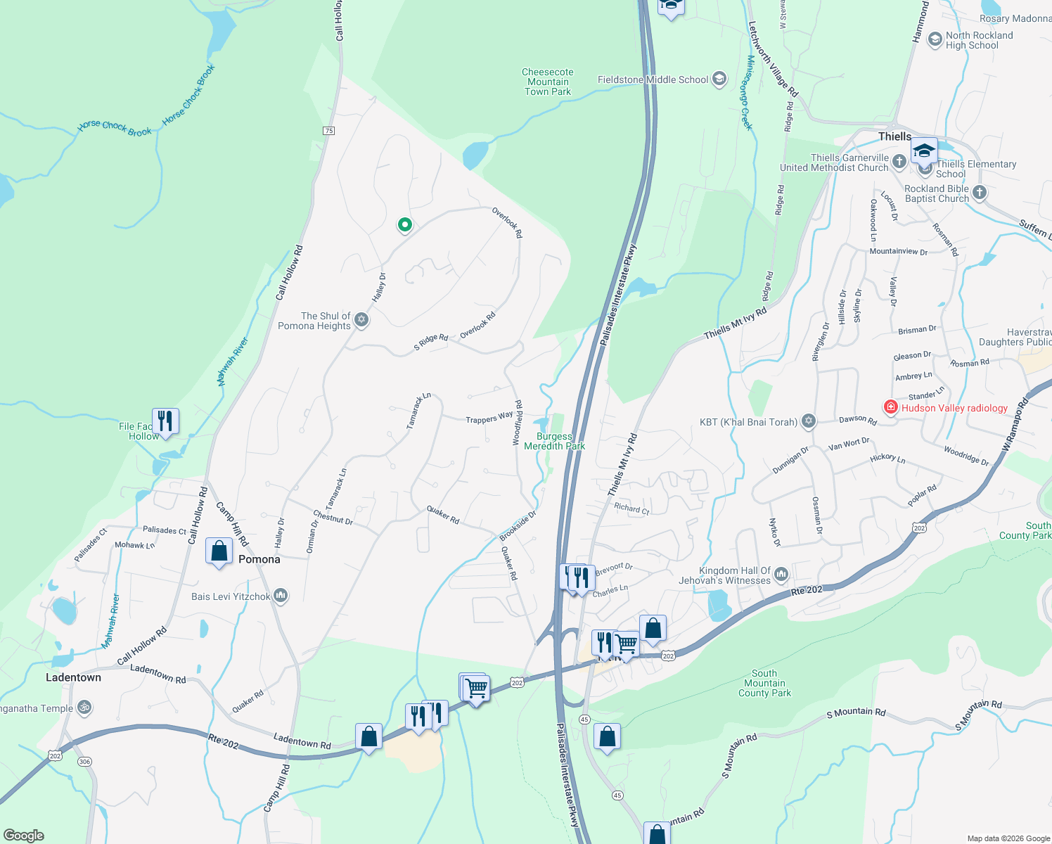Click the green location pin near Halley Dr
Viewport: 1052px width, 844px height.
click(x=404, y=225)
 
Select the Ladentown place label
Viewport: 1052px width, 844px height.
click(x=73, y=677)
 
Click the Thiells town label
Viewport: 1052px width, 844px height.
click(x=894, y=136)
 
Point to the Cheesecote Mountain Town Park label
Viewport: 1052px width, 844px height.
click(x=548, y=82)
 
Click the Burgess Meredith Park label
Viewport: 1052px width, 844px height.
click(x=554, y=441)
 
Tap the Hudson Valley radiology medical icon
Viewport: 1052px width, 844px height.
click(x=890, y=407)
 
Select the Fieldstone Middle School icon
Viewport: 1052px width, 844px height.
click(x=719, y=79)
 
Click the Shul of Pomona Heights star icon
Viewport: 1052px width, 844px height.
click(x=361, y=320)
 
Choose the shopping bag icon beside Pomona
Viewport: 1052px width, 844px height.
click(x=219, y=551)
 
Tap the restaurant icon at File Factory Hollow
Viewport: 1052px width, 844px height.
click(x=165, y=421)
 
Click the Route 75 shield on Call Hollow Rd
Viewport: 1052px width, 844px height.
click(x=328, y=131)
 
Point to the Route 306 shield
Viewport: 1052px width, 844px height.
click(x=84, y=762)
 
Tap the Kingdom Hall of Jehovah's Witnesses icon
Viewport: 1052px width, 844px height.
click(x=781, y=575)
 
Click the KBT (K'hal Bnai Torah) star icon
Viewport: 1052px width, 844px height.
click(x=809, y=421)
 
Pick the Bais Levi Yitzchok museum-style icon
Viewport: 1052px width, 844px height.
click(x=281, y=596)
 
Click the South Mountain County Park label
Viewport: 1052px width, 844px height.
click(x=764, y=683)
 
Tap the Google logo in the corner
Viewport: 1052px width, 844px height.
click(x=24, y=835)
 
